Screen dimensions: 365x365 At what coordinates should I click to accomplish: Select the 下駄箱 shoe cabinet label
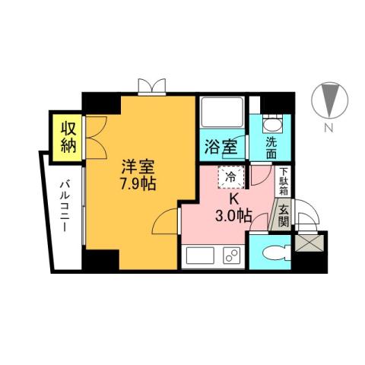point(283,182)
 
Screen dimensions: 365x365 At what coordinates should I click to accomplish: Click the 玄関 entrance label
point(282,214)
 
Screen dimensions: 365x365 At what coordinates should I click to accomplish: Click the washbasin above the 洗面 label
point(271,125)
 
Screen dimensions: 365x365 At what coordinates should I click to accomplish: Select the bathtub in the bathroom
point(221,116)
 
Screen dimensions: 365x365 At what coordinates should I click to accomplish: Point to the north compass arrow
point(329,100)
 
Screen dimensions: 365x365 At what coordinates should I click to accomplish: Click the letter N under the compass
point(329,127)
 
